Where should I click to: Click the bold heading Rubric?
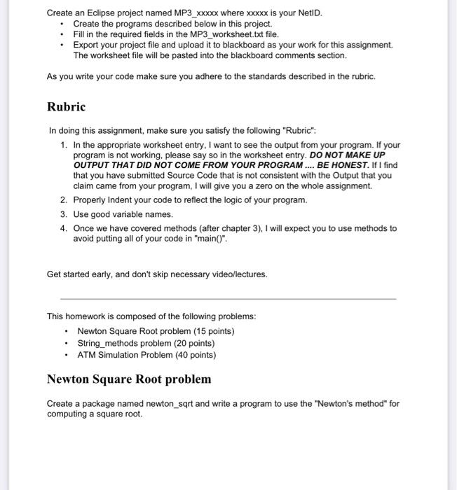66,107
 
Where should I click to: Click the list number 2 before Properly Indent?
63,200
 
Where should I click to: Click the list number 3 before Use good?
63,214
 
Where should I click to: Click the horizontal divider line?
228,299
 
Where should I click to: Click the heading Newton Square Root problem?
129,379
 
